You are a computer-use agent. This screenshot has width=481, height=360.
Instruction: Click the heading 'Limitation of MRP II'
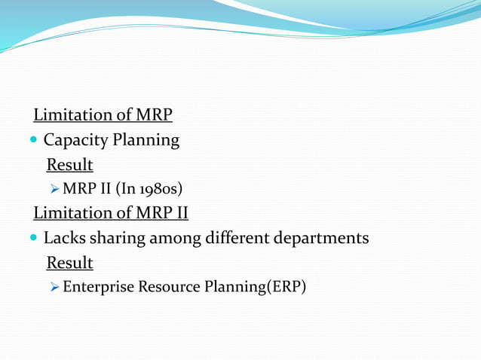pyautogui.click(x=111, y=214)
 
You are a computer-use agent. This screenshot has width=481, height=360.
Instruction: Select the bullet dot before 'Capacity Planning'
pyautogui.click(x=35, y=141)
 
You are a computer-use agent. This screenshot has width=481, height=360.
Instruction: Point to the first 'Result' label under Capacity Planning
pyautogui.click(x=69, y=165)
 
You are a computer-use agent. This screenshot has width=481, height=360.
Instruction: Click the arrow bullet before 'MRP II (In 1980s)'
pyautogui.click(x=55, y=189)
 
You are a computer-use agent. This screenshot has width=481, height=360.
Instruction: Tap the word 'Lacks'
pyautogui.click(x=64, y=239)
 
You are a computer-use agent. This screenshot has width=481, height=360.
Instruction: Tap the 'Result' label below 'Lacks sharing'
pyautogui.click(x=69, y=264)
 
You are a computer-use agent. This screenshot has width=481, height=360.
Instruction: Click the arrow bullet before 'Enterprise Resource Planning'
pyautogui.click(x=55, y=288)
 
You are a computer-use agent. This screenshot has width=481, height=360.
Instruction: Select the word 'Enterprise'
pyautogui.click(x=96, y=288)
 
